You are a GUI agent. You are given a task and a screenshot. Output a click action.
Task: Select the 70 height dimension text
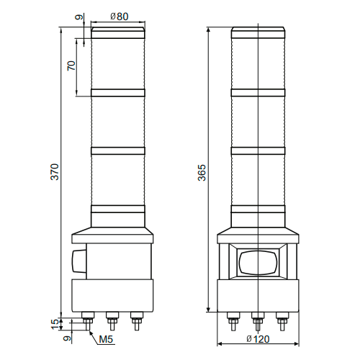click(x=71, y=66)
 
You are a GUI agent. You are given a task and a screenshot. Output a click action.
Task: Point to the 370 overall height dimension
click(x=55, y=173)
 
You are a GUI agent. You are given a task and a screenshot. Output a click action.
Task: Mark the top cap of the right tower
click(x=259, y=32)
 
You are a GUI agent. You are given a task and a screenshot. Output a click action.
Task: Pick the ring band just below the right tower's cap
click(x=259, y=91)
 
